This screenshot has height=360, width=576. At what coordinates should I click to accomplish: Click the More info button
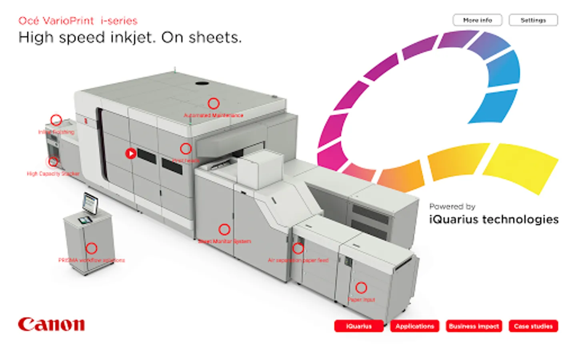(x=477, y=20)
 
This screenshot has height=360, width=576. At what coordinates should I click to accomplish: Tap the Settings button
(x=533, y=20)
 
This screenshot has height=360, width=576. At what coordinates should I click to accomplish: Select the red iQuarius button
(x=359, y=326)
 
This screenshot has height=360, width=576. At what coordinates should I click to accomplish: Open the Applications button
(x=415, y=326)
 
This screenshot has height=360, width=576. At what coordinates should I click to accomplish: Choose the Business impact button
(x=474, y=326)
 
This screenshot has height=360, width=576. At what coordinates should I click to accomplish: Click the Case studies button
(x=533, y=326)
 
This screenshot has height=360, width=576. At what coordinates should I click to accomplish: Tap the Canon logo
(x=51, y=324)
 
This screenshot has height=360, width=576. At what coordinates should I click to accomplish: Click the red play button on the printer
(x=130, y=153)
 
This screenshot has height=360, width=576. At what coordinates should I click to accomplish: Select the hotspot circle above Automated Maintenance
(x=214, y=104)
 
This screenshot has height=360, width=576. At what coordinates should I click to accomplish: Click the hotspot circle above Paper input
(x=361, y=288)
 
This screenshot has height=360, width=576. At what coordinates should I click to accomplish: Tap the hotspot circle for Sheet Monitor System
(x=224, y=230)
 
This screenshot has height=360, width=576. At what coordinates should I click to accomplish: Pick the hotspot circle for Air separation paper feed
(x=298, y=248)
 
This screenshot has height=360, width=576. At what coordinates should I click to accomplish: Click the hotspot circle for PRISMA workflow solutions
(x=92, y=248)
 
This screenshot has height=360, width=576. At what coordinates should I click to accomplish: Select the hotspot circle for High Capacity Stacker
(x=52, y=162)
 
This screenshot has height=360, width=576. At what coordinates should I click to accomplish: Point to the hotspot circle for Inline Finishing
(x=56, y=120)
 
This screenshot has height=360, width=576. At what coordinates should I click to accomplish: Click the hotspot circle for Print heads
(x=186, y=149)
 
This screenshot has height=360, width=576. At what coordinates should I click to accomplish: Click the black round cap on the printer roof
(x=202, y=84)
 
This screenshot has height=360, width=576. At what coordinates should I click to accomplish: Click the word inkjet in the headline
(x=134, y=38)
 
